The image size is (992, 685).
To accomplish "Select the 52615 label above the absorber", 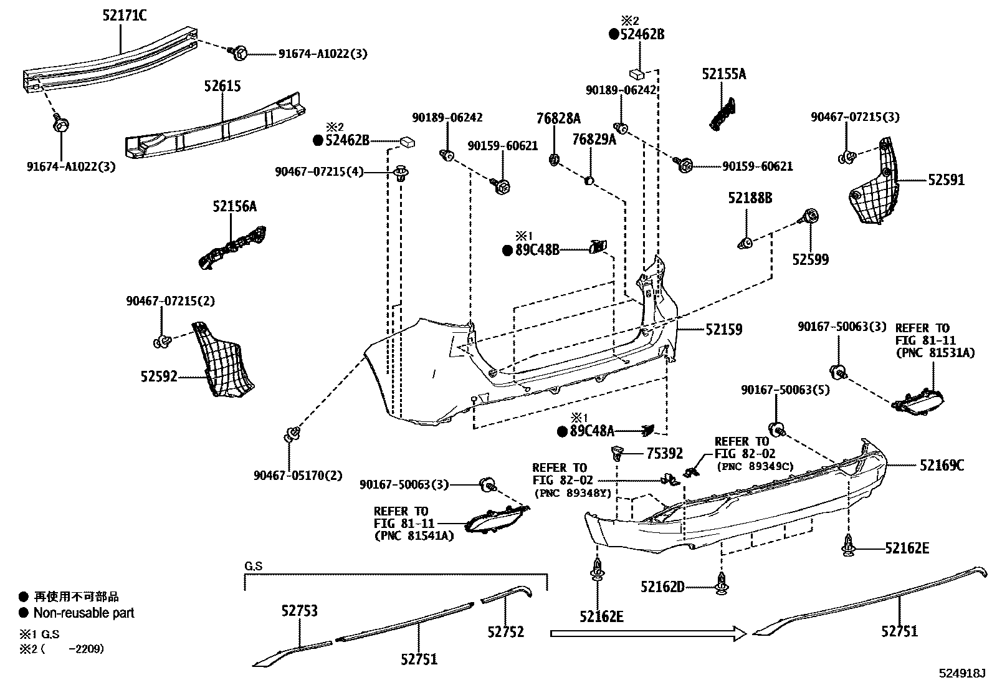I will [222, 86].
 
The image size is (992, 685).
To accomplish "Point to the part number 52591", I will [945, 181].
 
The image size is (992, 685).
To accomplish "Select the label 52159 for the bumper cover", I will [723, 329].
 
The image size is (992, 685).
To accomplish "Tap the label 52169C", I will [942, 465].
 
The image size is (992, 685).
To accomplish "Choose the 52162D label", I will [662, 587].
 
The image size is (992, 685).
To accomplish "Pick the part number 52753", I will [298, 611].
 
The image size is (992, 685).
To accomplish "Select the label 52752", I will [505, 631].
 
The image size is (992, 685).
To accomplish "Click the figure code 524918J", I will [963, 673].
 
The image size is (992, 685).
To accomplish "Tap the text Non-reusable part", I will [83, 613].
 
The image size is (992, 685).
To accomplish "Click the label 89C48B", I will [537, 251].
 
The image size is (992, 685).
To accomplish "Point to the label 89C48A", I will [591, 431].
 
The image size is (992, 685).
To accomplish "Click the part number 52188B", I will [750, 198].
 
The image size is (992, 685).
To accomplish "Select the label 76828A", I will [558, 118].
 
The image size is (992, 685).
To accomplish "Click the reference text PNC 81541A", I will [414, 535].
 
